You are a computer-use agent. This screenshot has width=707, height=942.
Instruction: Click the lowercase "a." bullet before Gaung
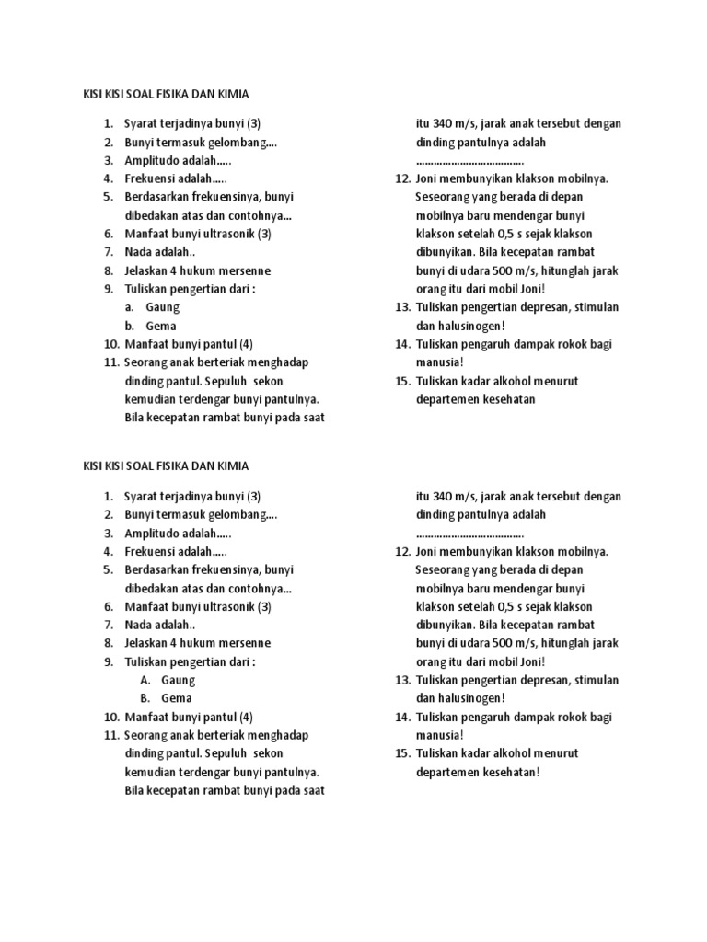pos(132,307)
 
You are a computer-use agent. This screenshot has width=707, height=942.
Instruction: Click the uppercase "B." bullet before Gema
pos(146,698)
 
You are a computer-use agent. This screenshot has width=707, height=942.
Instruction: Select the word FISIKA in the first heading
pos(168,93)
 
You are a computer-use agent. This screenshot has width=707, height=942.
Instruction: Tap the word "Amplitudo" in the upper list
pos(154,160)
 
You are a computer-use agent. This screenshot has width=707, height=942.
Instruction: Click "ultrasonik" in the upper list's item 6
pos(225,234)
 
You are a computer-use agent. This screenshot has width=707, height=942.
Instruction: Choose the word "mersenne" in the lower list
pos(243,643)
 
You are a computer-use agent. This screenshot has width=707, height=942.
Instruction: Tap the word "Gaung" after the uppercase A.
pos(179,680)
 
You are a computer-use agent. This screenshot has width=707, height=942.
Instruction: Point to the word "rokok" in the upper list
pos(567,344)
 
